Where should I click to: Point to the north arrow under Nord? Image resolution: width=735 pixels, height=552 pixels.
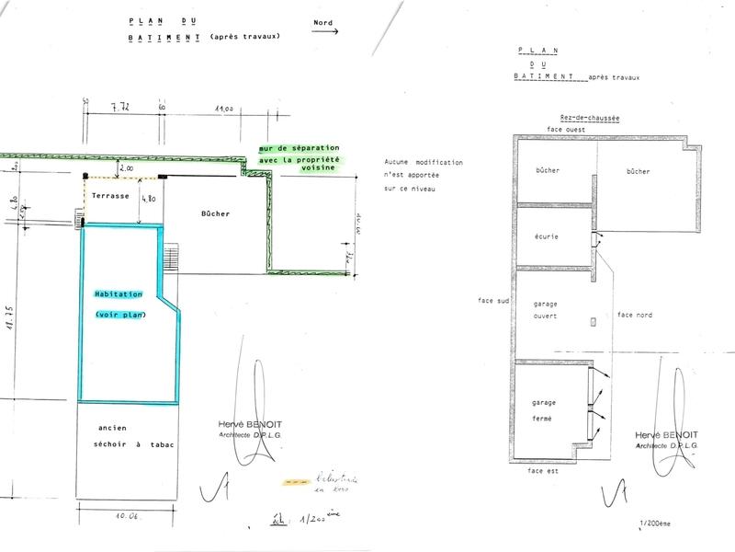click(324, 30)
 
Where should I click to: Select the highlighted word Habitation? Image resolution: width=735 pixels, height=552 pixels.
click(119, 294)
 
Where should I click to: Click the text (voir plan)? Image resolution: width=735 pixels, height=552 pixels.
click(119, 316)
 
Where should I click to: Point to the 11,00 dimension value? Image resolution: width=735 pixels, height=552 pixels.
click(222, 109)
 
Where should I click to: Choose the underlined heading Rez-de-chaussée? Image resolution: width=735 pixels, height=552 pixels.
click(590, 118)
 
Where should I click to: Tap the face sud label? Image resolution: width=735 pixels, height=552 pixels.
click(493, 301)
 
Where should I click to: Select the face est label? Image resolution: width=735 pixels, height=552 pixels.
click(544, 470)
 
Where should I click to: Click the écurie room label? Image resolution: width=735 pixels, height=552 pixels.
click(547, 236)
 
